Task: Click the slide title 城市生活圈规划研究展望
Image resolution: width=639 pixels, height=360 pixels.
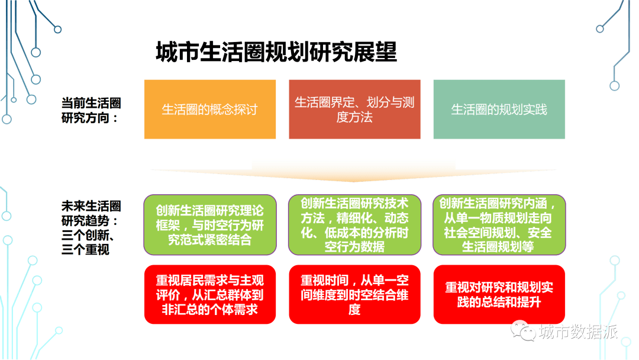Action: pyautogui.click(x=276, y=52)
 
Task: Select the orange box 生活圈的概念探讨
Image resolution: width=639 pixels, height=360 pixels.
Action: pyautogui.click(x=210, y=110)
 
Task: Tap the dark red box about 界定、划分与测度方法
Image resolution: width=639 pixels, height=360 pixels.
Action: pyautogui.click(x=354, y=110)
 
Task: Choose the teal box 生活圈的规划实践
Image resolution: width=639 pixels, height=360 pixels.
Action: pyautogui.click(x=499, y=110)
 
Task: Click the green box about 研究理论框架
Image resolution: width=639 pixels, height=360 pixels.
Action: pyautogui.click(x=210, y=224)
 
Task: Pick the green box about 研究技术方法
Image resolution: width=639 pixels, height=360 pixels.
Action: pyautogui.click(x=354, y=224)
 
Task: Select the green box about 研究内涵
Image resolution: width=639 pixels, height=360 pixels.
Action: pyautogui.click(x=499, y=224)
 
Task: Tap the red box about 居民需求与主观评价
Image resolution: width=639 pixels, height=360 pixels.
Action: pyautogui.click(x=210, y=294)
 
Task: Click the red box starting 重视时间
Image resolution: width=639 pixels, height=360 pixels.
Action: pyautogui.click(x=354, y=294)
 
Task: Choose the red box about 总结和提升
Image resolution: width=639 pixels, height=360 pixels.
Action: pyautogui.click(x=499, y=294)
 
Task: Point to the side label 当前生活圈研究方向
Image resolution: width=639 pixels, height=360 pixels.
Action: pyautogui.click(x=91, y=110)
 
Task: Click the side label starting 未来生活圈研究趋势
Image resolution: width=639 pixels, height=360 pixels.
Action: pyautogui.click(x=91, y=227)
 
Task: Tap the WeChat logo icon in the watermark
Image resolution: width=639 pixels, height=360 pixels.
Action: pyautogui.click(x=523, y=330)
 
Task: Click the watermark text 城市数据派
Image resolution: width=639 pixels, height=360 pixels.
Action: pyautogui.click(x=578, y=332)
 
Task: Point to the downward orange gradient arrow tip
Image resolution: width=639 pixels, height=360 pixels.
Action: pyautogui.click(x=354, y=181)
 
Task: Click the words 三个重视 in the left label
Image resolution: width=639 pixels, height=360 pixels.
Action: pyautogui.click(x=85, y=249)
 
